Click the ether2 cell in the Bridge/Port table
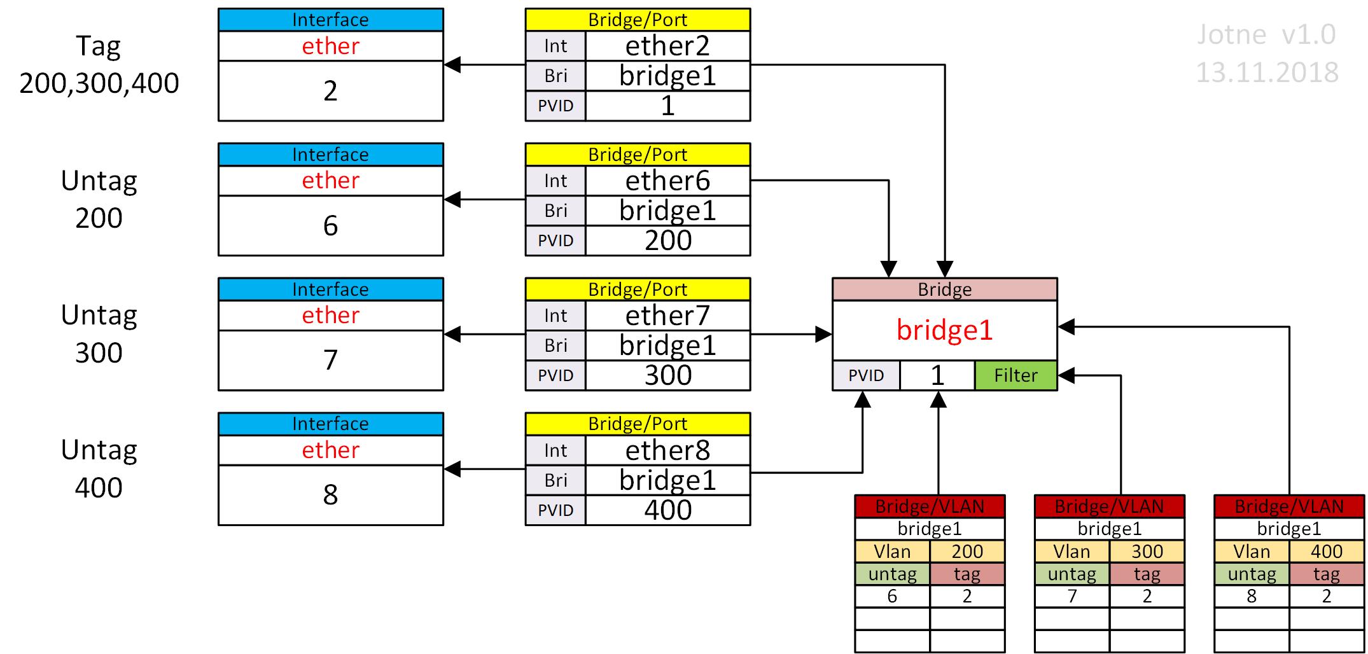coord(667,46)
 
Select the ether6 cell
coord(667,181)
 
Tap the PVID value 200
coord(667,240)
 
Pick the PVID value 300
coord(667,375)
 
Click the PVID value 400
coord(667,510)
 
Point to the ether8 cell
coord(667,450)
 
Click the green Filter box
coord(1016,375)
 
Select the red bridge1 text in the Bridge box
coord(944,330)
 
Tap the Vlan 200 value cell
coord(967,551)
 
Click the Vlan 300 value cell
coord(1147,551)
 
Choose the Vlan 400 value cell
coord(1326,551)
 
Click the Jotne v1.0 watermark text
coord(1266,34)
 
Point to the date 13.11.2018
coord(1266,73)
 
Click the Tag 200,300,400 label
coord(99,64)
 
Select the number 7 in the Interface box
coord(330,360)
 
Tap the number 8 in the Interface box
coord(330,495)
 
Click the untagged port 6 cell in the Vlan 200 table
coord(892,596)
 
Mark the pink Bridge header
coord(944,289)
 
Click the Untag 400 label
coord(99,469)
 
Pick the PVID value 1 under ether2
coord(667,106)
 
